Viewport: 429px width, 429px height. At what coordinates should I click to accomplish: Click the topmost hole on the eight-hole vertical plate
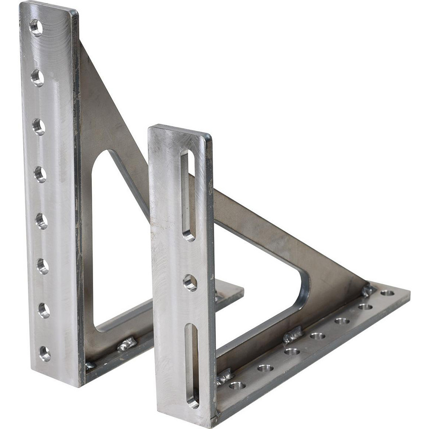36,27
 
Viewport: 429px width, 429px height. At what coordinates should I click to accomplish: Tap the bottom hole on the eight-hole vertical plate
45,353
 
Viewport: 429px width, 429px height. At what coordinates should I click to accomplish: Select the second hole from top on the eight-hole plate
37,78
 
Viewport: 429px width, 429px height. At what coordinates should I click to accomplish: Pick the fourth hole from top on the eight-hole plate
40,174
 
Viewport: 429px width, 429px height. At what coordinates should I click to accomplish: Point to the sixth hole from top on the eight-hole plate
42,266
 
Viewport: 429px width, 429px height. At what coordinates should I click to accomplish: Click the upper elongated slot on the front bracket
188,195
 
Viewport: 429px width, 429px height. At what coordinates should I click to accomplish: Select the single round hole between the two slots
190,283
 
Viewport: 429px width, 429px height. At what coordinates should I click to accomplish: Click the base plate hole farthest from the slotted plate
387,293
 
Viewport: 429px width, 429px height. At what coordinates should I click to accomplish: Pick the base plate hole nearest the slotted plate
237,385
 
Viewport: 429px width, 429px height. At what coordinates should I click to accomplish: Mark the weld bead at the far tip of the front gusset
368,290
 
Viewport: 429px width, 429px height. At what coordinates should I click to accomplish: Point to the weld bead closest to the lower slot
225,376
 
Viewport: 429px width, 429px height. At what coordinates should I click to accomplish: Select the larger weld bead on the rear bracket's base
127,344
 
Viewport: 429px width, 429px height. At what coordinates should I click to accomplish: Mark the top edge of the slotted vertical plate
180,129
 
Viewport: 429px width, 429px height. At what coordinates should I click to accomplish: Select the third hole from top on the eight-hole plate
39,127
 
